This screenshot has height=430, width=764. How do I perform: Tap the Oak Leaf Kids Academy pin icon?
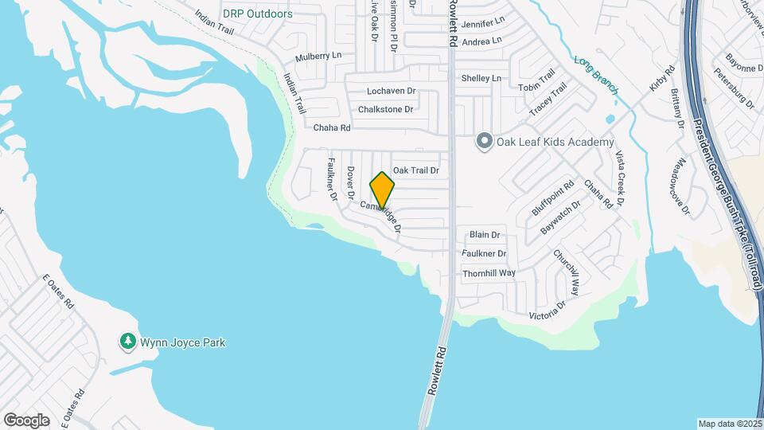[483, 142]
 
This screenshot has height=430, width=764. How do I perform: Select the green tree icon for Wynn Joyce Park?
[127, 342]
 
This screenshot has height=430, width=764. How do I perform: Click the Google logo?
[26, 420]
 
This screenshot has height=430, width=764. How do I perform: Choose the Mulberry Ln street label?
[318, 57]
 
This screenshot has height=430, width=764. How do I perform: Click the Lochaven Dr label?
[392, 92]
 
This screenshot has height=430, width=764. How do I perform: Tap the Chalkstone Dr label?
[385, 109]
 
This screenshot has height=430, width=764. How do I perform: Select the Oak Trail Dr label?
[415, 170]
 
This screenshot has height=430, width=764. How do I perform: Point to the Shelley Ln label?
[482, 78]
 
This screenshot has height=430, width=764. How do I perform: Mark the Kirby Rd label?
[662, 77]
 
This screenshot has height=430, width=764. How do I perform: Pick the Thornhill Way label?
[489, 273]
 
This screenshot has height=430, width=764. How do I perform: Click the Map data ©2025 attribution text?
[729, 424]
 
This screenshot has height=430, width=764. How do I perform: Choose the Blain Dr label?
[484, 235]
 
